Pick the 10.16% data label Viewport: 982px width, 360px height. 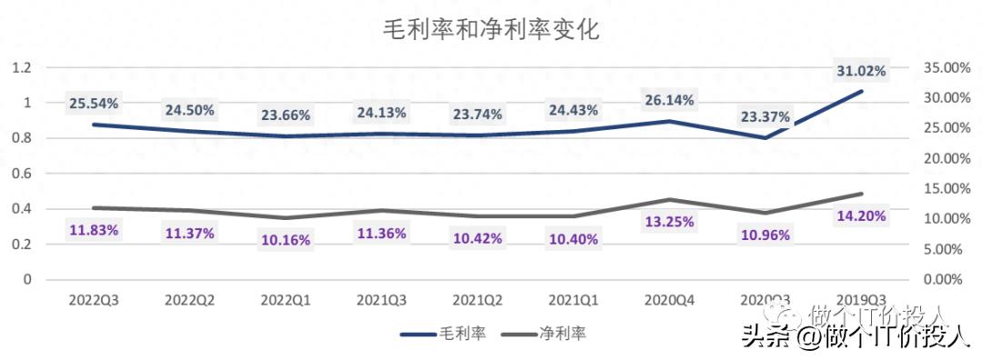tap(286, 241)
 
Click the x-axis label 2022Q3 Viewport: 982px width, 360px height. tap(94, 298)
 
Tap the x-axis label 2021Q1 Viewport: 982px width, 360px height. tap(572, 298)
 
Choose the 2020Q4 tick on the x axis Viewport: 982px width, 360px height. tap(668, 298)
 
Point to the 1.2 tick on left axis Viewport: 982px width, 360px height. tap(22, 67)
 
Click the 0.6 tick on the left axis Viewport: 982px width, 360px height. tap(22, 174)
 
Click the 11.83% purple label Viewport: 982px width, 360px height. tap(94, 229)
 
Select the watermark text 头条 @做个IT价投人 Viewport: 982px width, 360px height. tap(856, 337)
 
